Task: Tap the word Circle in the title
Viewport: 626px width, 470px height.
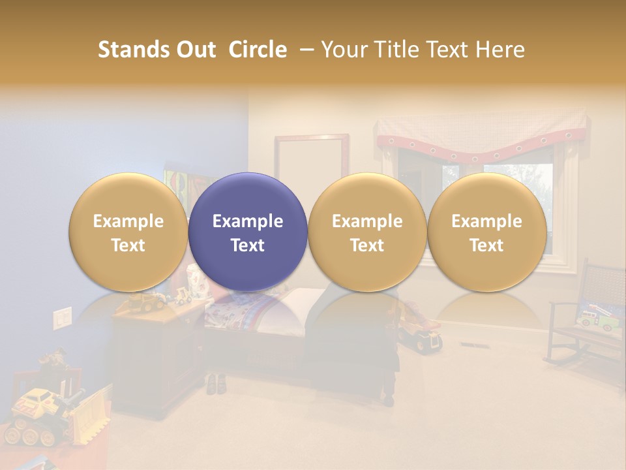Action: (258, 50)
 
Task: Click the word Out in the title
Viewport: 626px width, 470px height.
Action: (196, 50)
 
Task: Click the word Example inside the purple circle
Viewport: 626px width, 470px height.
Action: (248, 221)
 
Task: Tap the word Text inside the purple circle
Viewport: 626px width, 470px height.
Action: (248, 245)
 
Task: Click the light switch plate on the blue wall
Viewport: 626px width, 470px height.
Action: (62, 318)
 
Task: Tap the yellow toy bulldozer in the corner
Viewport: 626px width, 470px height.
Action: (52, 411)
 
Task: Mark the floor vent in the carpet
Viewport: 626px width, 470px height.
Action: (470, 345)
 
